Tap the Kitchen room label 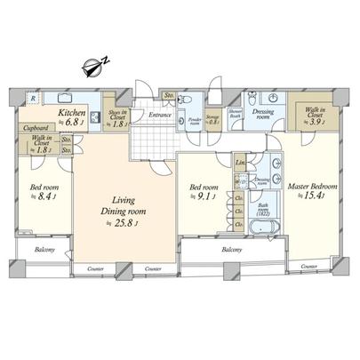coord(72,114)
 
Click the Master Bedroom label coord(313,187)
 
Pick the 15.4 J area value coord(316,197)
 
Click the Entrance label coord(161,115)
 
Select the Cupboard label coord(36,128)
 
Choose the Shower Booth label coord(236,113)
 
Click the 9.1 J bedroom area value coord(206,198)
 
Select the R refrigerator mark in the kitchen coord(32,99)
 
